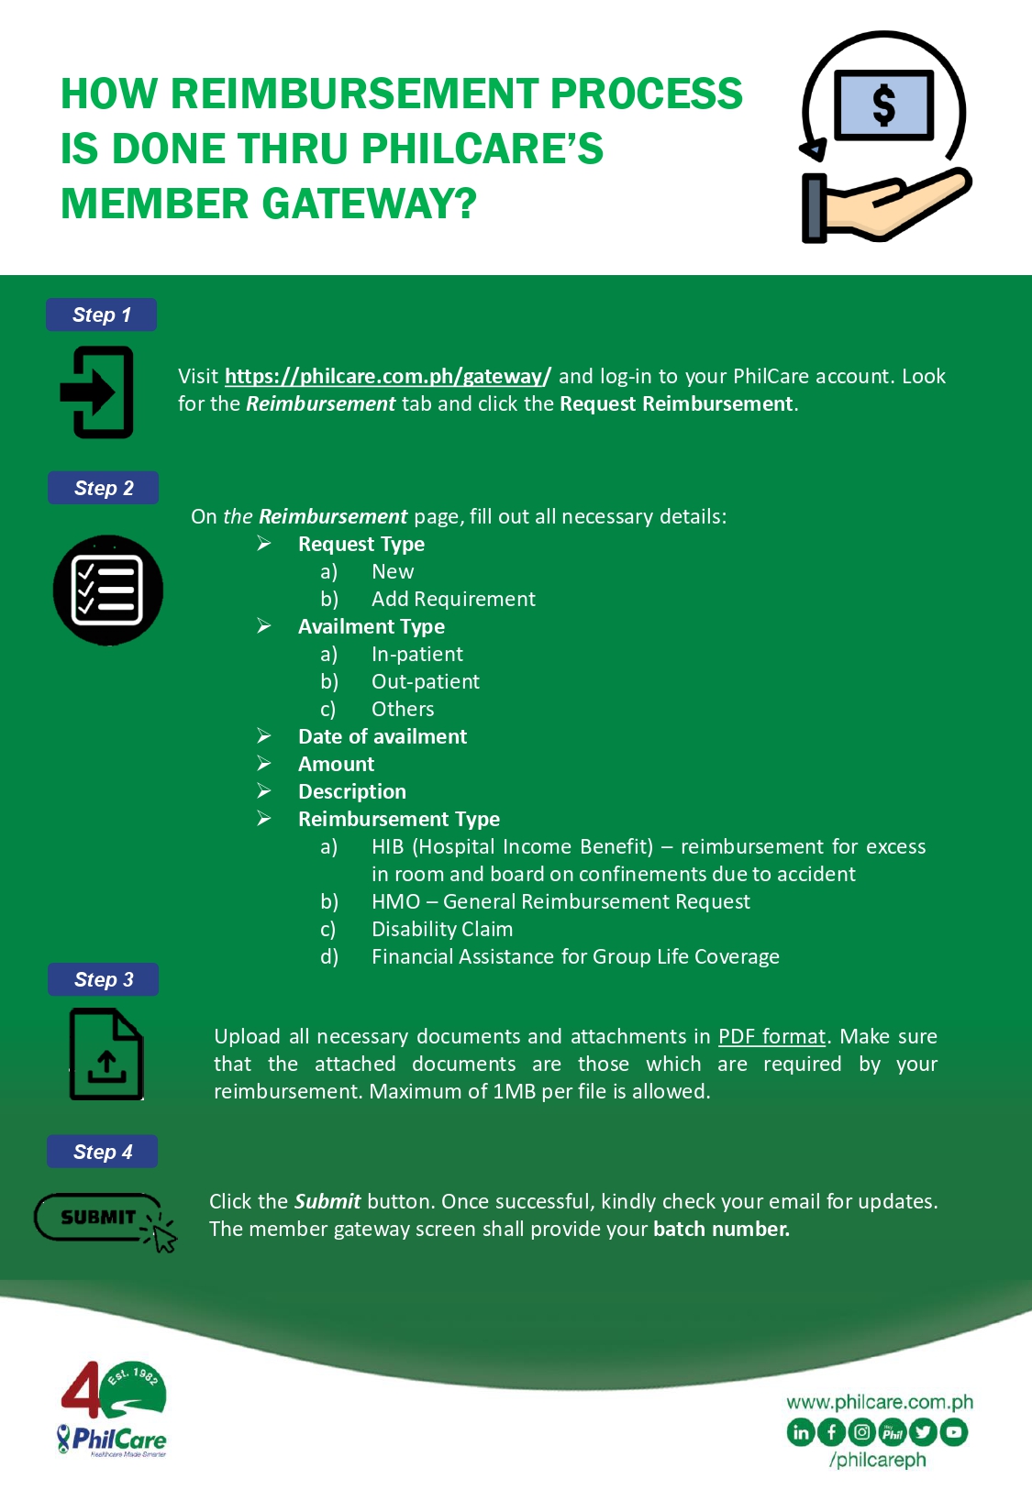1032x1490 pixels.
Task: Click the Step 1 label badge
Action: [101, 315]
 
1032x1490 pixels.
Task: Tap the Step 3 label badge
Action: [103, 979]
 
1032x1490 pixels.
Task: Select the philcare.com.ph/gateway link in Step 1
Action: [387, 376]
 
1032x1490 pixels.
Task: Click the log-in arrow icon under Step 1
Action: [97, 392]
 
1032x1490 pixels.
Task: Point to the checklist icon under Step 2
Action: [107, 590]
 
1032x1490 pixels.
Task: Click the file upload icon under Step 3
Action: [106, 1054]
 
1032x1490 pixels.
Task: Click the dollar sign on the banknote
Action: [884, 105]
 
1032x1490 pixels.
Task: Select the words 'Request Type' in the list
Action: [361, 544]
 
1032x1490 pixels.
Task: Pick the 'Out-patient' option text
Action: [426, 681]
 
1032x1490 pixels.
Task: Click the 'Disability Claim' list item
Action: [442, 929]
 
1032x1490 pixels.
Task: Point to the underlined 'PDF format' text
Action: [771, 1036]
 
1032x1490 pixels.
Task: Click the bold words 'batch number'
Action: [721, 1229]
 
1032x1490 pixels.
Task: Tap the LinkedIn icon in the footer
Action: [801, 1431]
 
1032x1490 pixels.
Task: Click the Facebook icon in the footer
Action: [831, 1431]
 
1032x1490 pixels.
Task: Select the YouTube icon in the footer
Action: [954, 1431]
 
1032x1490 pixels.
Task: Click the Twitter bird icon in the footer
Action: [923, 1431]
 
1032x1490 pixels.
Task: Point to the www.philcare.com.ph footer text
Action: [880, 1402]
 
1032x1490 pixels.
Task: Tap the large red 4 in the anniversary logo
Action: [81, 1389]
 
